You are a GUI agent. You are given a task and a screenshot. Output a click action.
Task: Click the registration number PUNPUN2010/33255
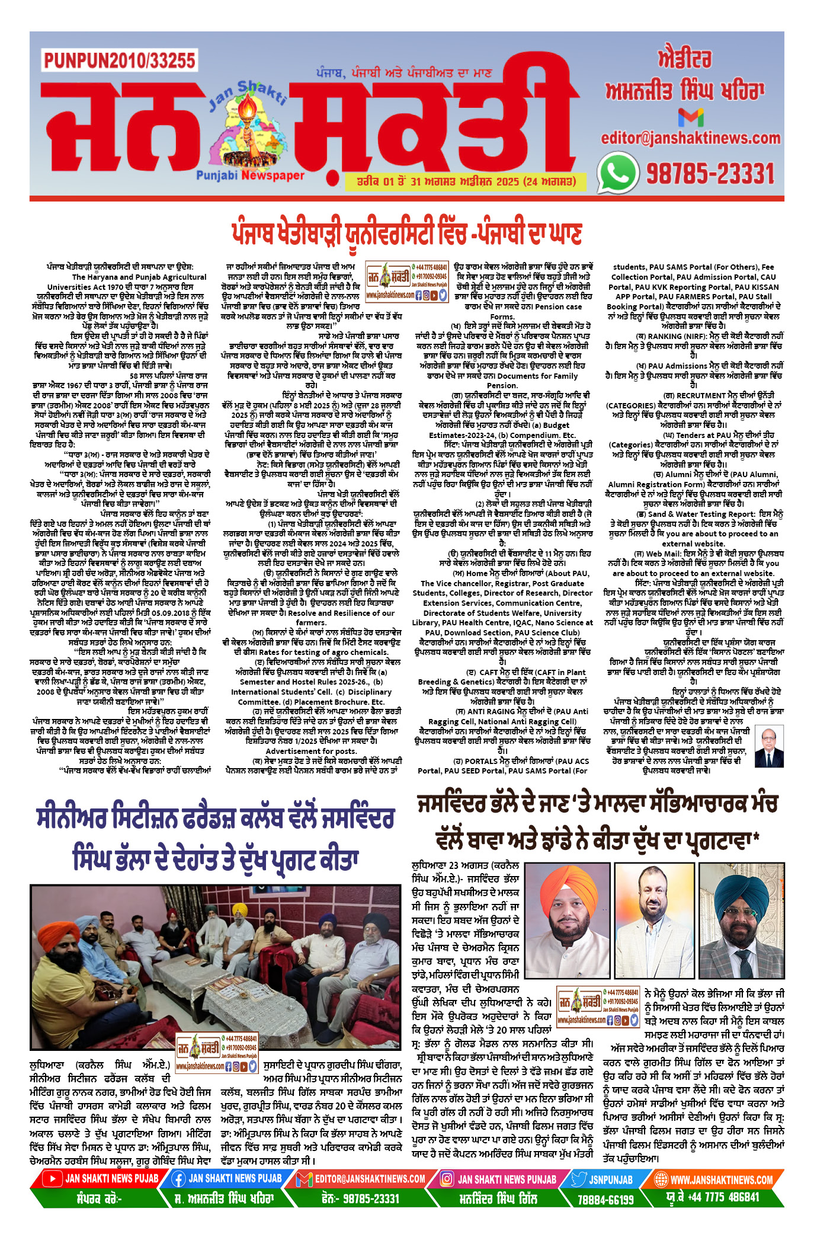(119, 60)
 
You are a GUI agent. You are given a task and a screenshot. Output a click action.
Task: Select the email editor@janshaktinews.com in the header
(690, 138)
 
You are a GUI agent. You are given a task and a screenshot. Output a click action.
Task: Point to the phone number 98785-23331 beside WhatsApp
(710, 174)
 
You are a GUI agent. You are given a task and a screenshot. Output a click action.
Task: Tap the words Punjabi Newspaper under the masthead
(250, 175)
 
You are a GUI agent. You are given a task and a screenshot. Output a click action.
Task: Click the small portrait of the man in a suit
(769, 747)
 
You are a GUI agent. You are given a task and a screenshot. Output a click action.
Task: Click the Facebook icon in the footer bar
(178, 1179)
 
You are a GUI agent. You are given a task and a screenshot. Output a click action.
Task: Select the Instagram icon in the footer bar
(445, 1179)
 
